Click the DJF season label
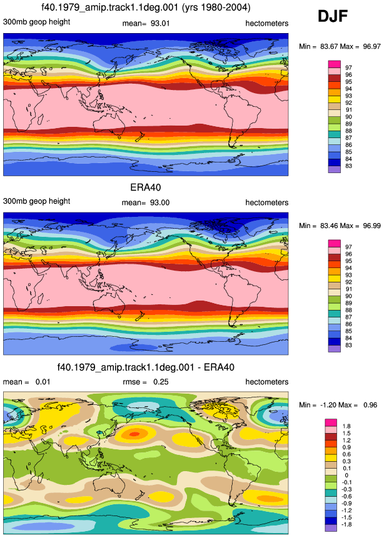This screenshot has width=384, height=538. [333, 16]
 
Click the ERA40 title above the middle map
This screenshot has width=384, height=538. [146, 187]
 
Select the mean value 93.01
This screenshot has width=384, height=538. [160, 23]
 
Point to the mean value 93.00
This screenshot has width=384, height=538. [159, 202]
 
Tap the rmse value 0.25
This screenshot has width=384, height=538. [161, 382]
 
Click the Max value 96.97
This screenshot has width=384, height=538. [371, 46]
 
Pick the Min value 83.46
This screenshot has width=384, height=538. [329, 226]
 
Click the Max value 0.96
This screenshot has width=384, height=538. [370, 405]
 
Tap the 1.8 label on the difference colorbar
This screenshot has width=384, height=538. [346, 426]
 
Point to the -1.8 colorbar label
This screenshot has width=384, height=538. [347, 524]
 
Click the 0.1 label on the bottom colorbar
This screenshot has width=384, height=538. [346, 469]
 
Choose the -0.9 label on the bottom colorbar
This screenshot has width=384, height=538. [347, 504]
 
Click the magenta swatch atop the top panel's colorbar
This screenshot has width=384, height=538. [335, 64]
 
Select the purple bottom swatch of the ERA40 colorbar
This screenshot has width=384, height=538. [335, 349]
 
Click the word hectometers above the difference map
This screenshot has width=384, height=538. [267, 382]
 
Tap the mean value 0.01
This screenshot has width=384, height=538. [43, 382]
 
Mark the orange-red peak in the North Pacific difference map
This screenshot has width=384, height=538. [134, 434]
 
